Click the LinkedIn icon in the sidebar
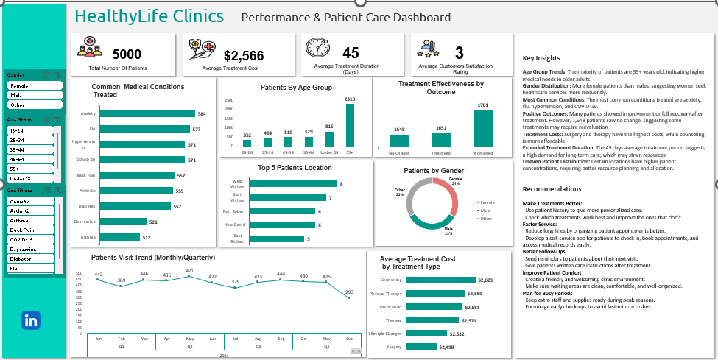point(31,320)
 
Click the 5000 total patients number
point(127,54)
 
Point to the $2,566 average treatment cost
point(243,55)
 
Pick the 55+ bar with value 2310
point(350,125)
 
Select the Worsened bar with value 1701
point(483,128)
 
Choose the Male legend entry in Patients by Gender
point(484,210)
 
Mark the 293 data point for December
point(349,299)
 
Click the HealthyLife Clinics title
point(149,15)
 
